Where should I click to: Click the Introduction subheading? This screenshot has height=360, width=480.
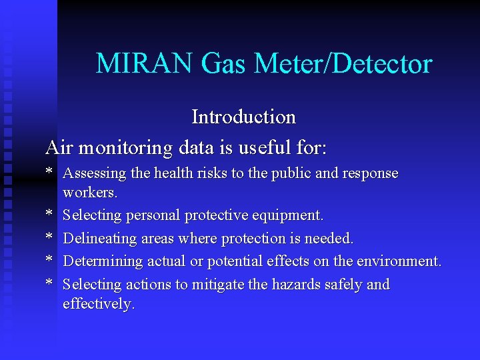click(x=243, y=117)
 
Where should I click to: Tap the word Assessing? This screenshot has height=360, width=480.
click(x=94, y=174)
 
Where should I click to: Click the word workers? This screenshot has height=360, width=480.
click(x=90, y=193)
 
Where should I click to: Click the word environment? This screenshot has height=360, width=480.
click(x=399, y=261)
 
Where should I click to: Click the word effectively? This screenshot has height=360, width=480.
click(x=99, y=305)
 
